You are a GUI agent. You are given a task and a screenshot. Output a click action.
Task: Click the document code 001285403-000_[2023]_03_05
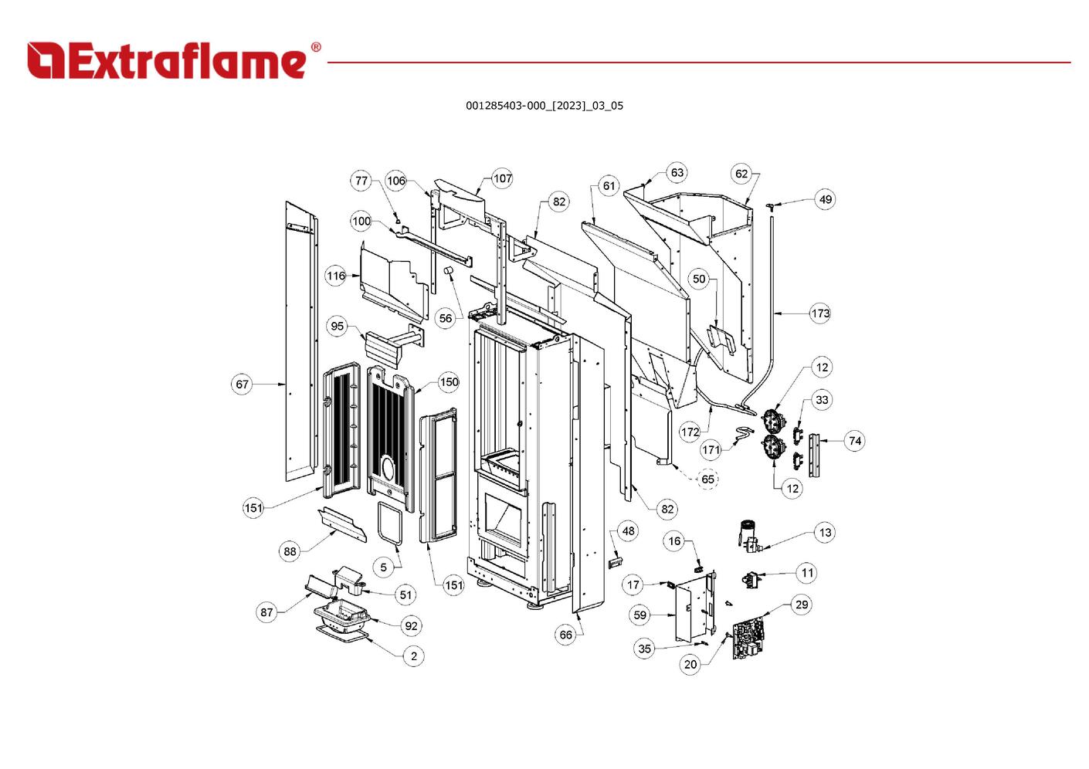coord(544,106)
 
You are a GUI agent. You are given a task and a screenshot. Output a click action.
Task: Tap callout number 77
coord(361,181)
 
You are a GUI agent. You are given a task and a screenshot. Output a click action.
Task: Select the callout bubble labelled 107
coord(502,178)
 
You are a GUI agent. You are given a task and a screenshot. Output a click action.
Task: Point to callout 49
coord(825,199)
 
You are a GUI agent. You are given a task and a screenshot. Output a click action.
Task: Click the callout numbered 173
coord(820,313)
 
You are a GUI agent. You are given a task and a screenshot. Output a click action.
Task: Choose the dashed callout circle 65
coord(707,479)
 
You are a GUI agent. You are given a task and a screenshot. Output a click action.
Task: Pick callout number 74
coord(854,441)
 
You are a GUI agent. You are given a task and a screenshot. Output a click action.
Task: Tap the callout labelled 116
coord(335,276)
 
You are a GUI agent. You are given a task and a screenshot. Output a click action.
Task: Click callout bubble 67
coord(243,384)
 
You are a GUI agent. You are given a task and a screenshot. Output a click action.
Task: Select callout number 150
coord(449,381)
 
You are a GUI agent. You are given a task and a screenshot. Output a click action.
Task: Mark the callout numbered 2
coord(413,656)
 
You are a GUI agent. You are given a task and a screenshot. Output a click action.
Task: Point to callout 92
coord(411,625)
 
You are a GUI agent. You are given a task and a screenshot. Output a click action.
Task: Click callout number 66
coord(565,635)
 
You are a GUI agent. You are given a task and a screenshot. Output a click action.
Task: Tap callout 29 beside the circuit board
coord(801,605)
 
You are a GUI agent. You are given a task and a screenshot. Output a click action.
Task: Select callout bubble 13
coord(825,532)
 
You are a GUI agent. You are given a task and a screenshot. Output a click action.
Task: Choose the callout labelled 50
coord(699,279)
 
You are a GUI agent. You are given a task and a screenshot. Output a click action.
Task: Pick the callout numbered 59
coord(639,615)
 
